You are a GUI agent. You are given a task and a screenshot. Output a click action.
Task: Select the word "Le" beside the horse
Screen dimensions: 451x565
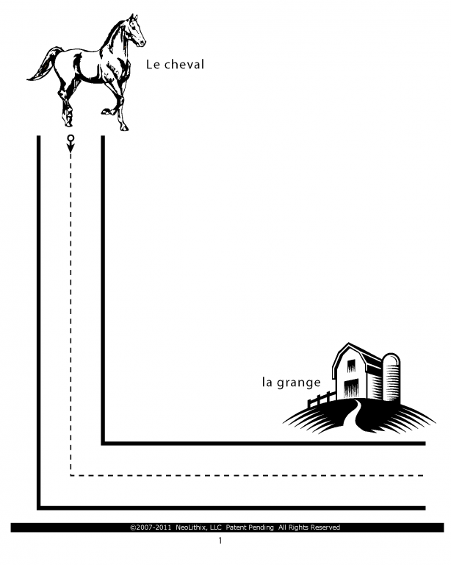coord(153,65)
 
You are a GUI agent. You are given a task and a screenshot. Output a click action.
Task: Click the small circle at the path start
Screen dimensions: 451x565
coord(71,138)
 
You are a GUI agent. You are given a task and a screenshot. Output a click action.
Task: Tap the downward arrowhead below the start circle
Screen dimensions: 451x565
coord(71,148)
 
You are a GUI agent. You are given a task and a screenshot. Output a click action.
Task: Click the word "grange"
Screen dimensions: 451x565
coord(298,383)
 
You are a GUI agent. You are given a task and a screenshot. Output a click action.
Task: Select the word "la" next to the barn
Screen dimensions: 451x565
coord(267,382)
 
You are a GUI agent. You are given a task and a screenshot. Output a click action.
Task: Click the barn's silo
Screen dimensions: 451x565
coord(391,377)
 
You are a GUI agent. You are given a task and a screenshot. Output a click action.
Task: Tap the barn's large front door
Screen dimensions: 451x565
coord(352,388)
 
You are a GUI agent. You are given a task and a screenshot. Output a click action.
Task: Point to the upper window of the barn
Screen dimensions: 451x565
coord(351,366)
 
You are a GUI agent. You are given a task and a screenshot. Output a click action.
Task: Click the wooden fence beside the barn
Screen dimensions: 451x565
coord(322,399)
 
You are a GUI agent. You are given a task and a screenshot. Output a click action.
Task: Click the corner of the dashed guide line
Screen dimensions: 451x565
coord(71,476)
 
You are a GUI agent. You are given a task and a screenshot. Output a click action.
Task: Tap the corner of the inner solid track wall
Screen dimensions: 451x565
coord(103,443)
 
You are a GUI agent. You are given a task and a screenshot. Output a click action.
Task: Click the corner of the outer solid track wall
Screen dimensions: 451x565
coord(39,508)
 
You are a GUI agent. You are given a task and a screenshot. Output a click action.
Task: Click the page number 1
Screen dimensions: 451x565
coord(220,541)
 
